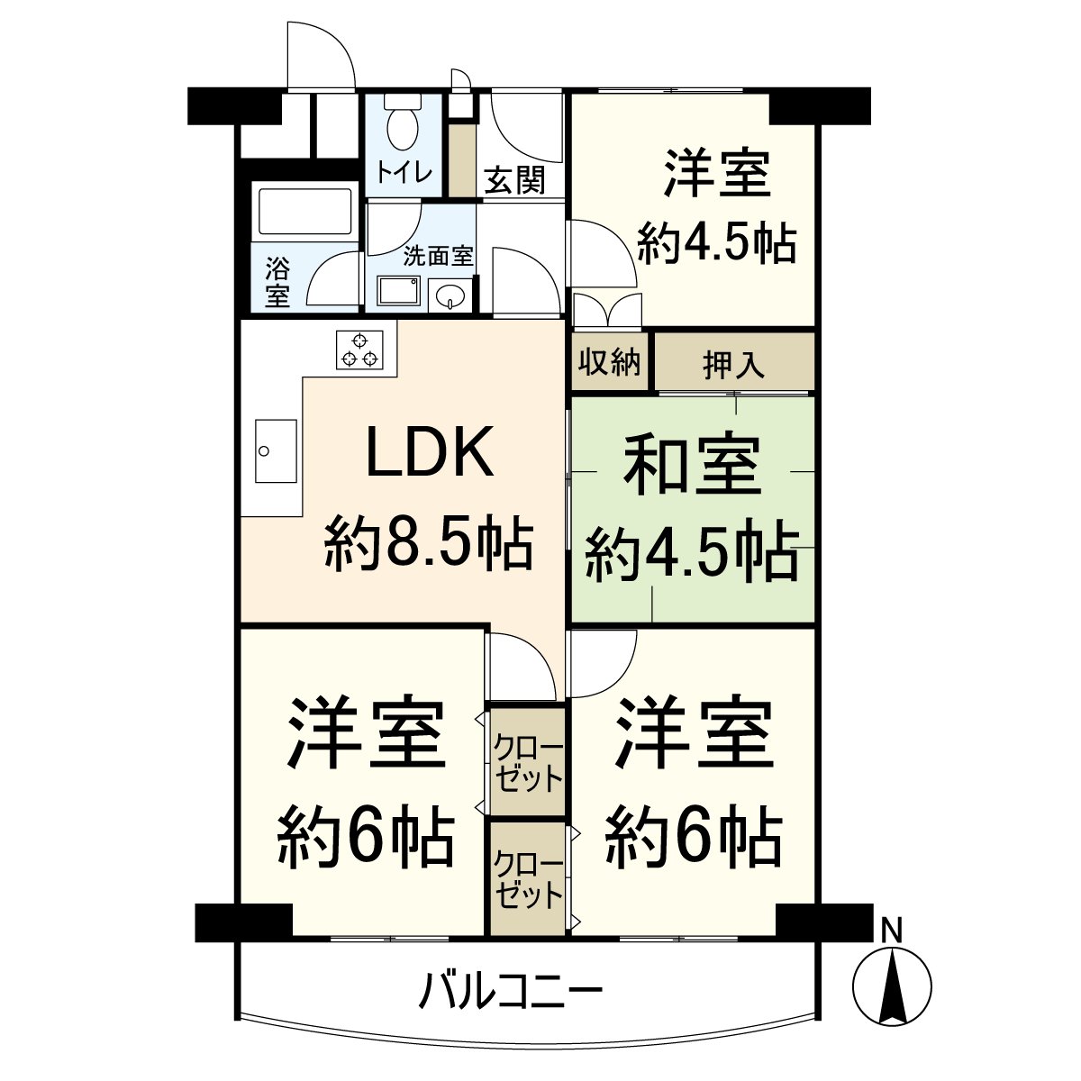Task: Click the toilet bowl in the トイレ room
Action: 402,125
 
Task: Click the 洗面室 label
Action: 437,256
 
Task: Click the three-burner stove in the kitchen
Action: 359,350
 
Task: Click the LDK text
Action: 430,453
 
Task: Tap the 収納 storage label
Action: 610,362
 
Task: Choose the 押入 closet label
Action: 733,364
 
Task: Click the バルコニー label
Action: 510,991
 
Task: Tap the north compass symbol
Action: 892,986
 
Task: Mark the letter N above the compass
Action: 892,930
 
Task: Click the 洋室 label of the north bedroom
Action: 717,174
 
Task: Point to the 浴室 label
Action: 277,281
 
